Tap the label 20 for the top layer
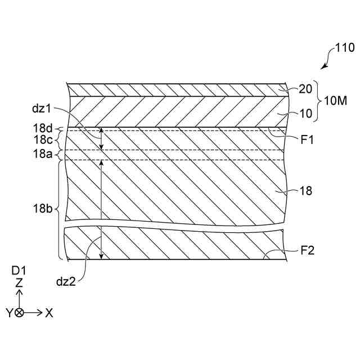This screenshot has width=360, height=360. (305, 89)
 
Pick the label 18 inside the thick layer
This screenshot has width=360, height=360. (305, 191)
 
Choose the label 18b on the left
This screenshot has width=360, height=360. (42, 208)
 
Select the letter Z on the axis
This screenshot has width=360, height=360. (20, 283)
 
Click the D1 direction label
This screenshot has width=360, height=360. (19, 271)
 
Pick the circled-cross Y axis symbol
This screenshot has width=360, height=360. (20, 313)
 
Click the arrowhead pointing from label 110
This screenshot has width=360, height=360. (322, 67)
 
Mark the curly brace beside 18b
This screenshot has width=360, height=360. (60, 209)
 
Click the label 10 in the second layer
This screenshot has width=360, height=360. (305, 113)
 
